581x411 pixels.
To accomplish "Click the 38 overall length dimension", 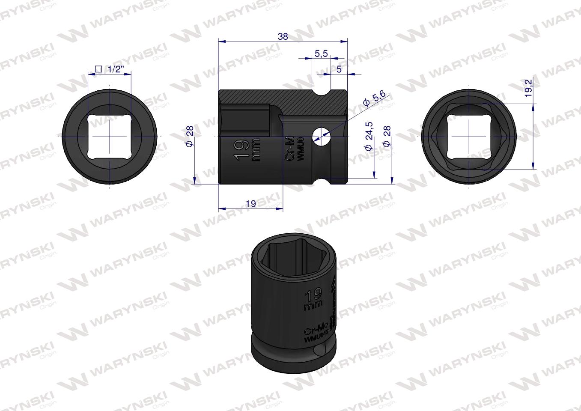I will [x=283, y=37].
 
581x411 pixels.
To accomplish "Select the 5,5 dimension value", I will [x=321, y=54].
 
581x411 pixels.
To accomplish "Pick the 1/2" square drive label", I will [x=114, y=69].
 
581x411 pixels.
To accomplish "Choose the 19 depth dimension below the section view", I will [x=251, y=204].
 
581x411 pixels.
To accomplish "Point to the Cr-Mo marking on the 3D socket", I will [x=316, y=330].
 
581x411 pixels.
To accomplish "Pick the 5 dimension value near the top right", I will [x=339, y=70].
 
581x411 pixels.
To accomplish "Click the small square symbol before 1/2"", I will [x=98, y=69].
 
